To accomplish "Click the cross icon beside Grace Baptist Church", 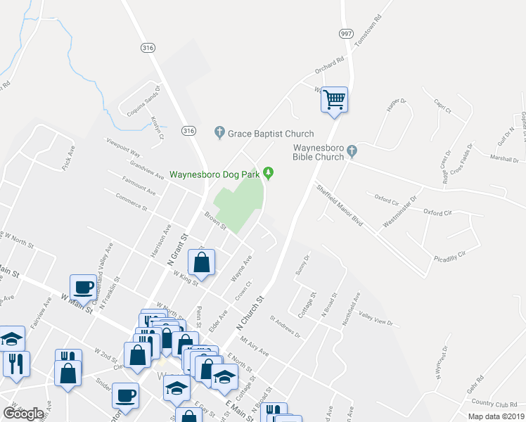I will click(x=219, y=132).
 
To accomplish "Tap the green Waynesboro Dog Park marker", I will click(x=269, y=173).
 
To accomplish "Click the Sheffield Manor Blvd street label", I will click(x=339, y=205).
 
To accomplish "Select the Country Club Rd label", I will click(x=494, y=402).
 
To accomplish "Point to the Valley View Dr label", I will click(x=376, y=317).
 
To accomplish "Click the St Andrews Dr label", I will click(x=286, y=326).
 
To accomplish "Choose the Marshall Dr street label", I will click(x=505, y=159).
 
